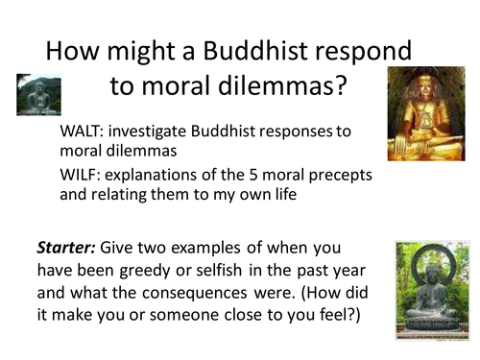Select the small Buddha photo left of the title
(x=38, y=95)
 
